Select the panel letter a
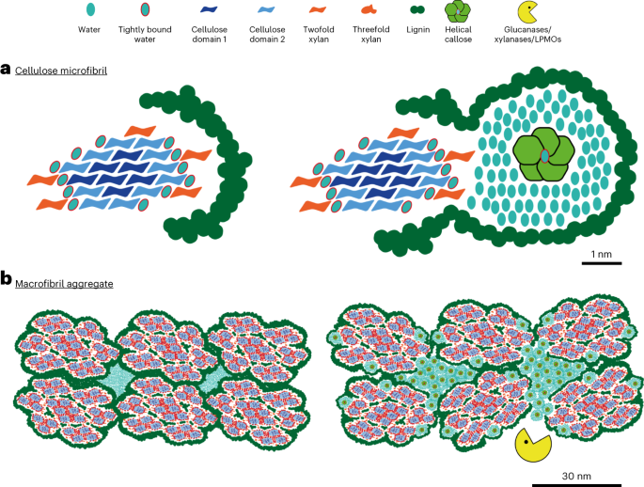pyautogui.click(x=6, y=69)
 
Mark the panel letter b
pyautogui.click(x=7, y=279)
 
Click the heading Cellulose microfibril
pyautogui.click(x=59, y=70)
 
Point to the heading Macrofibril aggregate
pyautogui.click(x=64, y=280)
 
